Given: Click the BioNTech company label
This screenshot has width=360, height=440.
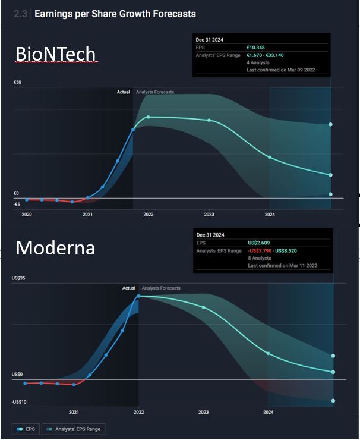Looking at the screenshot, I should coord(55,55).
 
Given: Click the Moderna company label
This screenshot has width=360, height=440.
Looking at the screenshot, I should coord(55,247).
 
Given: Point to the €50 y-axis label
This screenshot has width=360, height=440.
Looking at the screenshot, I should coord(17,82).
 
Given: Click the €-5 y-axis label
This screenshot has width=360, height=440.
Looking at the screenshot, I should coord(17,204).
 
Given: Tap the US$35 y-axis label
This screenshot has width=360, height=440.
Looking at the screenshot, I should coord(18,278).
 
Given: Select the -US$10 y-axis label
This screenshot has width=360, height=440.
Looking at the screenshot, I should coord(19,403).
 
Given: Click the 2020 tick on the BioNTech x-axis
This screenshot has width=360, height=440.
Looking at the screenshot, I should coord(27,214).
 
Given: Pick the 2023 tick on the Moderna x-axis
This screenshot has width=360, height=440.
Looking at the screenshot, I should coord(204,411).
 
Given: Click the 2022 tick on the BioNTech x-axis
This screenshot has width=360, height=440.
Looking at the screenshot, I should coord(148,214).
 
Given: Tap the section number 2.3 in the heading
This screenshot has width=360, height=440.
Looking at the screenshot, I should coord(20,14).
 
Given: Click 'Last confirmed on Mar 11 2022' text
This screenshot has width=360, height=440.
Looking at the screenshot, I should coord(282,265).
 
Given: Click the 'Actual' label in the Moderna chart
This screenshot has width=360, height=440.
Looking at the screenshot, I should coord(129,288).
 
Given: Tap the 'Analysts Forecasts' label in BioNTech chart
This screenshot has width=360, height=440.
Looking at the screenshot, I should coord(155,92).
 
